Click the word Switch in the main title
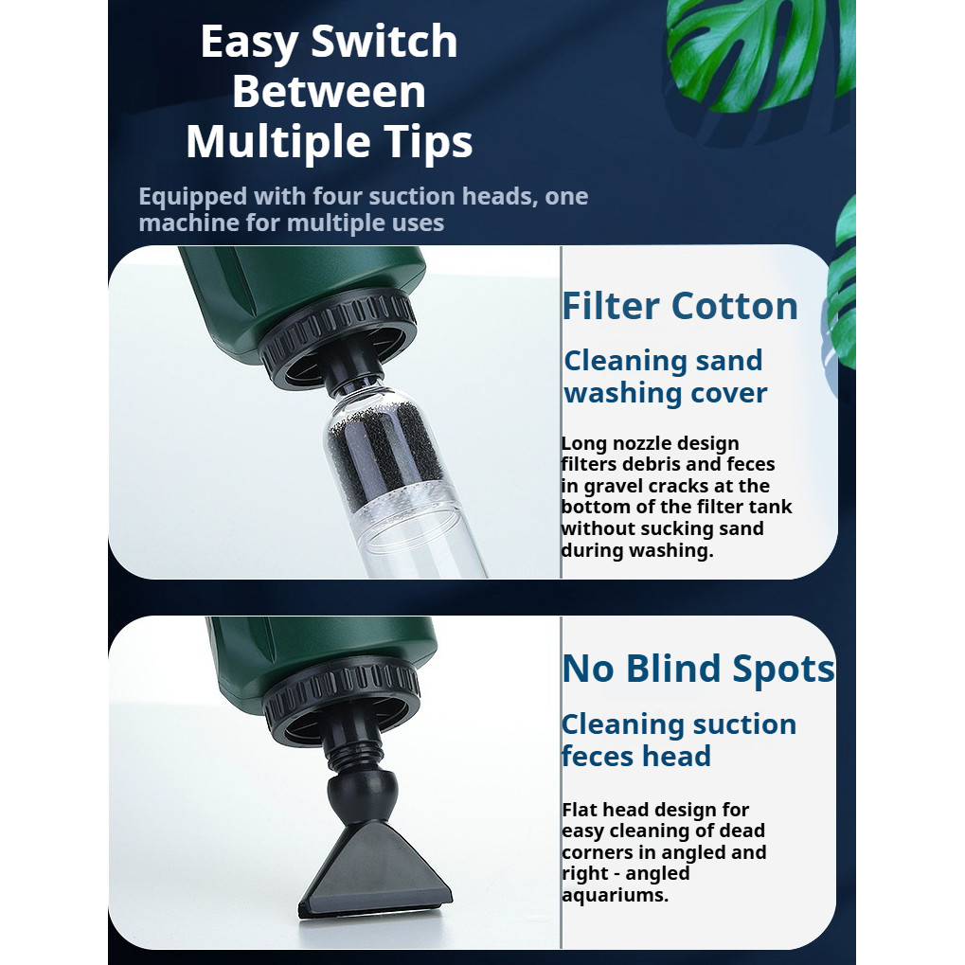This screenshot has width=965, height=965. tap(384, 42)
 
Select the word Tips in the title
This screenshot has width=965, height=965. tap(421, 142)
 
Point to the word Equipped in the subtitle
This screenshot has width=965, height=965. tap(192, 198)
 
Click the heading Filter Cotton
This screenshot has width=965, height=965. tap(680, 306)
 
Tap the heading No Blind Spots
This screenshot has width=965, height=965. tap(699, 669)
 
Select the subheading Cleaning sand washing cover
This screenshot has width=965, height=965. tap(666, 377)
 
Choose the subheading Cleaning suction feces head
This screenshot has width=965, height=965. tap(679, 740)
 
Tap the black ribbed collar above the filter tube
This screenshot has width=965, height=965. tap(337, 332)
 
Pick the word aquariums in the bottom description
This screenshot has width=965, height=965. tap(615, 895)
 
